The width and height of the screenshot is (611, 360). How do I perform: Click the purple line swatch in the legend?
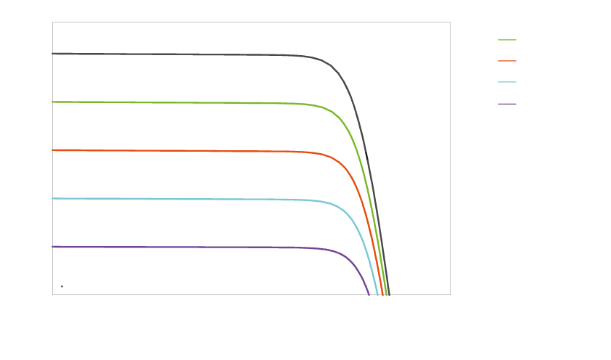click(x=507, y=105)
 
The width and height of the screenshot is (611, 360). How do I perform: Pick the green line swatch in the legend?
click(x=507, y=41)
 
